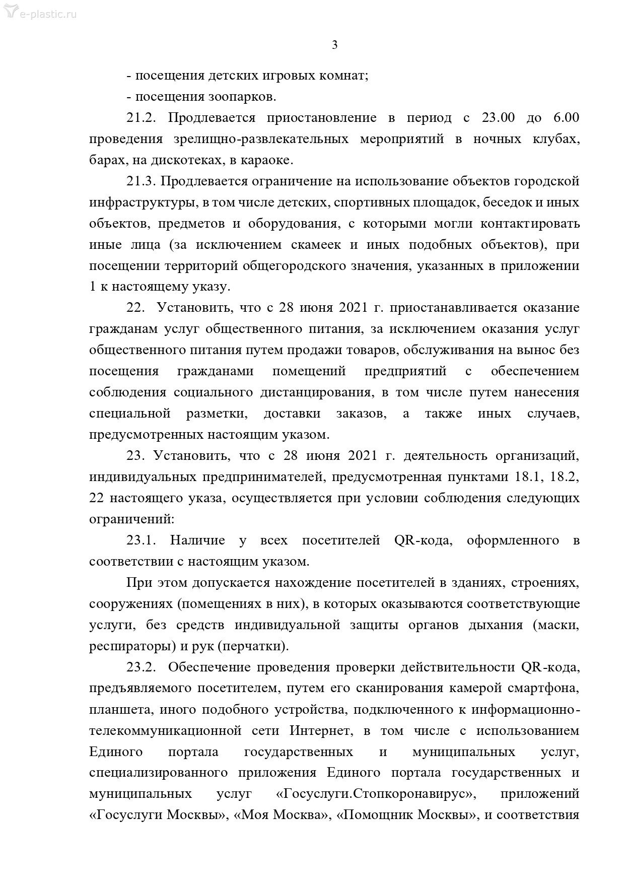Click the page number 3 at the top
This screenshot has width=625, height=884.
(335, 45)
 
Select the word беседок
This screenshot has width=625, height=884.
(519, 202)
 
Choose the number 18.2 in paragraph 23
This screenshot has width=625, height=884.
(565, 477)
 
